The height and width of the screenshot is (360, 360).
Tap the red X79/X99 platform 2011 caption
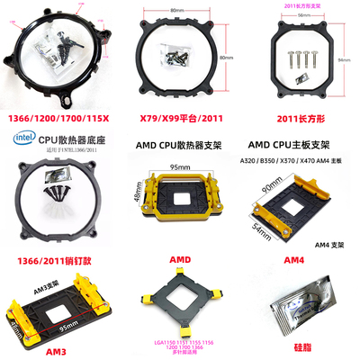click(179, 117)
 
